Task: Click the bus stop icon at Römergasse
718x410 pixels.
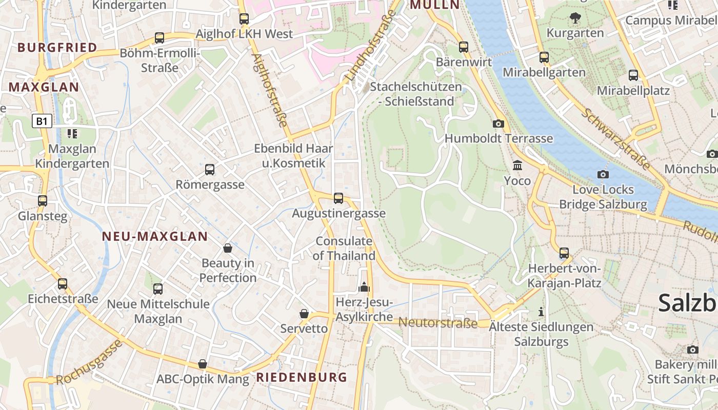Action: pyautogui.click(x=209, y=169)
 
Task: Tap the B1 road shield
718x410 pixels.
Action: pyautogui.click(x=42, y=121)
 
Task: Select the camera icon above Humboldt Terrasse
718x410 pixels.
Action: pyautogui.click(x=498, y=124)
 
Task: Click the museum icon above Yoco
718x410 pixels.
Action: pyautogui.click(x=517, y=166)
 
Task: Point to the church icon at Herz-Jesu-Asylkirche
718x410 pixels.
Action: pyautogui.click(x=364, y=287)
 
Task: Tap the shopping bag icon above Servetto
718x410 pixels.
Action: pyautogui.click(x=304, y=313)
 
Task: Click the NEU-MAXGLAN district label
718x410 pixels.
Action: pyautogui.click(x=154, y=236)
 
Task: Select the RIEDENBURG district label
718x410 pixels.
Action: pyautogui.click(x=302, y=378)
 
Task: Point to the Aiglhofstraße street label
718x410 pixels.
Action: pyautogui.click(x=269, y=90)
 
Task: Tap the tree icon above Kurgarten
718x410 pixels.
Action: pyautogui.click(x=575, y=18)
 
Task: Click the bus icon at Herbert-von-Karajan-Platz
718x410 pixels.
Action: pyautogui.click(x=564, y=253)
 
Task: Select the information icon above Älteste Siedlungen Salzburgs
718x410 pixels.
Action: pyautogui.click(x=541, y=312)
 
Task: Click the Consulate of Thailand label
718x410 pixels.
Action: pyautogui.click(x=344, y=248)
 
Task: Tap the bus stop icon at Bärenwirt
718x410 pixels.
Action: pyautogui.click(x=464, y=47)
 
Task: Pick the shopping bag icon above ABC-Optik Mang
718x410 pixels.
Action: pyautogui.click(x=203, y=364)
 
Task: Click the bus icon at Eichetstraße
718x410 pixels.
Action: pyautogui.click(x=63, y=283)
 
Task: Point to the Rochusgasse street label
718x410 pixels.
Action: pyautogui.click(x=89, y=363)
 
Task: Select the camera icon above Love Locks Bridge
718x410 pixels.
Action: pyautogui.click(x=603, y=174)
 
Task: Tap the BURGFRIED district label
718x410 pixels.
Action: pyautogui.click(x=57, y=48)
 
